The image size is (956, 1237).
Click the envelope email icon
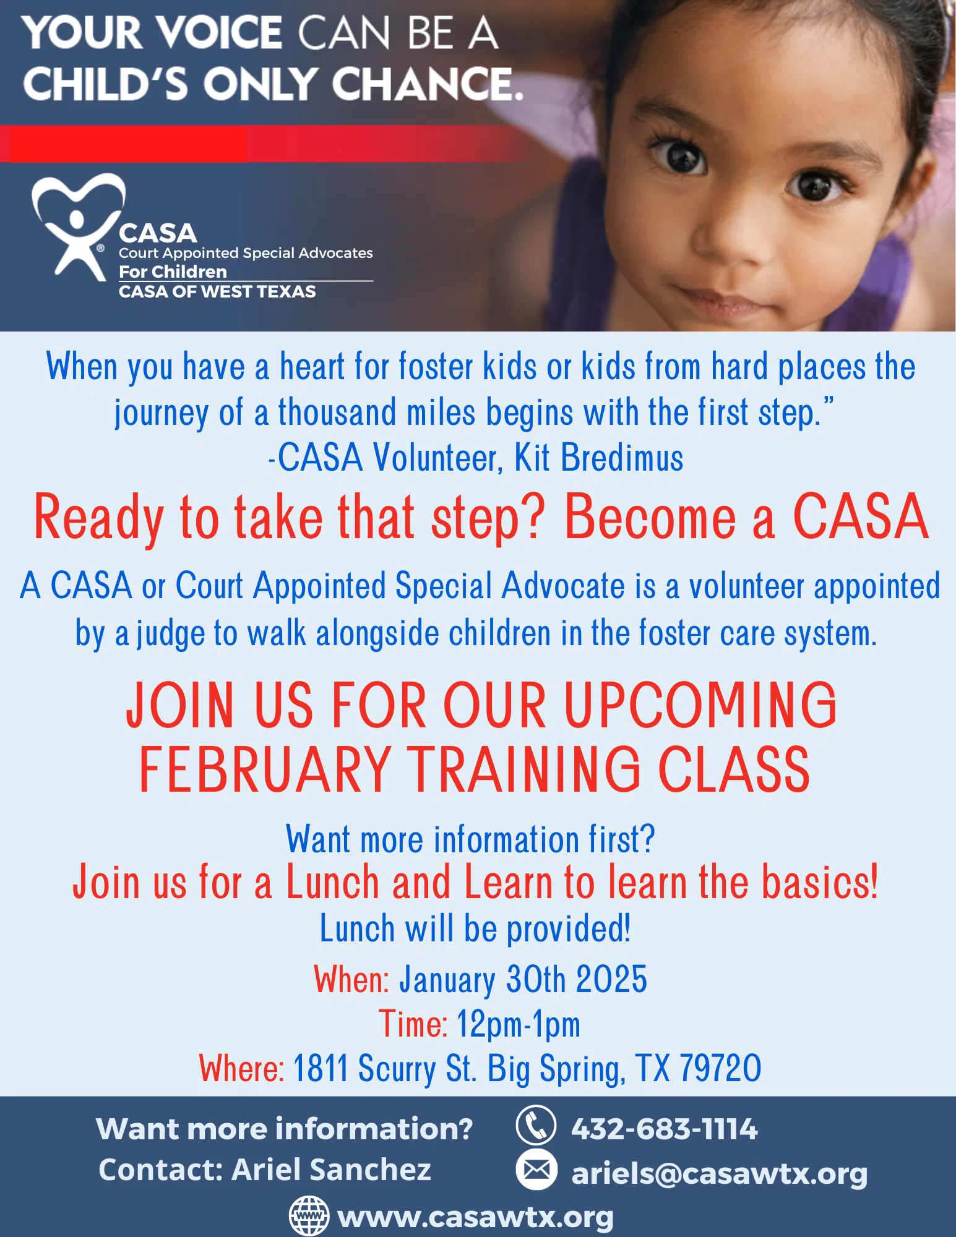(536, 1170)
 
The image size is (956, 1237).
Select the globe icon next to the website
(309, 1216)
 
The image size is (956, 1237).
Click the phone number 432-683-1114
(664, 1129)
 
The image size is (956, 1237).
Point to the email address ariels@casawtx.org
(719, 1173)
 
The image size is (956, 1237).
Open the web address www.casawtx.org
(476, 1217)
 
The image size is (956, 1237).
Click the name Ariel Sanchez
(331, 1170)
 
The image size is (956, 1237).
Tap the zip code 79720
(720, 1068)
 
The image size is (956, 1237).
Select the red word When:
(351, 979)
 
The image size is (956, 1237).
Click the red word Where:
(241, 1068)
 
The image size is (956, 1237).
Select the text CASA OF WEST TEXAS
(217, 291)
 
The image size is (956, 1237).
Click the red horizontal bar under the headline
(266, 143)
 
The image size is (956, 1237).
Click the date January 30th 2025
(523, 979)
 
